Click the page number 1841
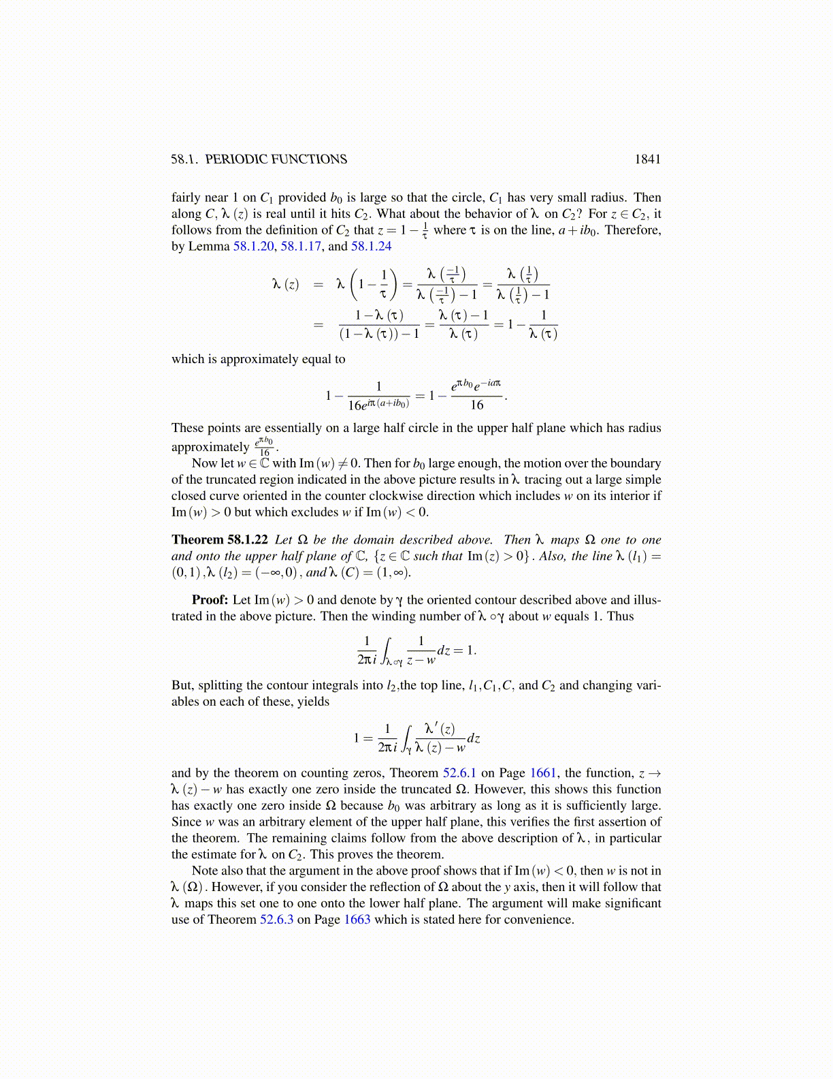pyautogui.click(x=647, y=159)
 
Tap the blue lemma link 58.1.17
pyautogui.click(x=301, y=247)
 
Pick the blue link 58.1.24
pyautogui.click(x=372, y=247)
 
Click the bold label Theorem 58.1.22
pyautogui.click(x=220, y=539)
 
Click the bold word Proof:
pyautogui.click(x=210, y=600)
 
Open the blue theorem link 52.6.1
pyautogui.click(x=459, y=773)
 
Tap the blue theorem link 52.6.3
pyautogui.click(x=276, y=920)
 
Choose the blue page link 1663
pyautogui.click(x=357, y=920)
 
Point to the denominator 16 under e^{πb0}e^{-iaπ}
pyautogui.click(x=477, y=405)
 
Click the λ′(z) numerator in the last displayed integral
pyautogui.click(x=440, y=729)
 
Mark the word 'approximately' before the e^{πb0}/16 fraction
pyautogui.click(x=210, y=448)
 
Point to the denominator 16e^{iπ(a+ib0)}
pyautogui.click(x=379, y=405)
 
